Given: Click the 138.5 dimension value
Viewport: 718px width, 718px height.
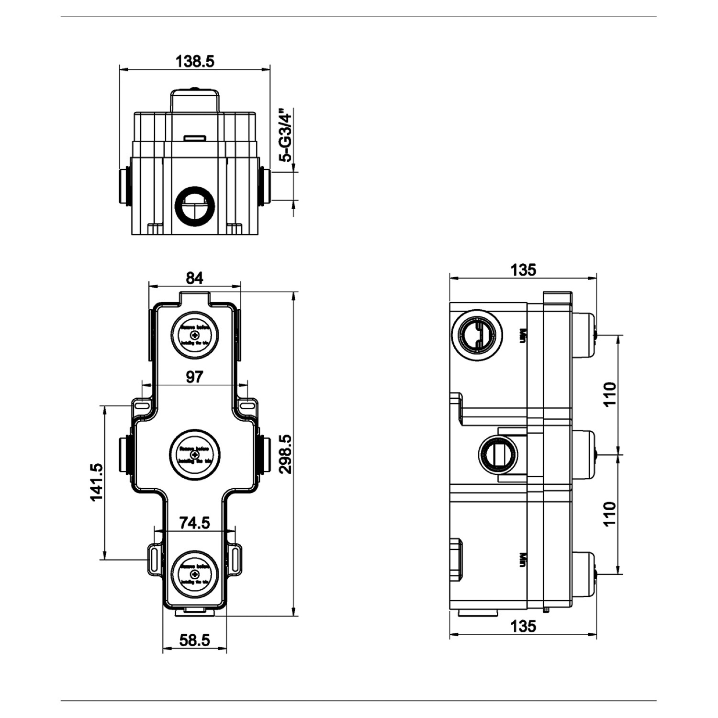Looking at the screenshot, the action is click(195, 61).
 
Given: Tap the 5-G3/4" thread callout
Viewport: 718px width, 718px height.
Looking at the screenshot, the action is click(286, 135).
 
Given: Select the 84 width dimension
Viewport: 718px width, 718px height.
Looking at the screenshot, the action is click(195, 278).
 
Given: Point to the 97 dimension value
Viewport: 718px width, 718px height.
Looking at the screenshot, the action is click(194, 377).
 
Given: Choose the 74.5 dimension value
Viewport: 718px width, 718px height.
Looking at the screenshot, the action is click(194, 523).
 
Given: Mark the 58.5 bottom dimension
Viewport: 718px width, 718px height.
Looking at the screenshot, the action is click(194, 640).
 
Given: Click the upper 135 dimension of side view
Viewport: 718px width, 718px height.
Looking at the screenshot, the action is click(523, 270).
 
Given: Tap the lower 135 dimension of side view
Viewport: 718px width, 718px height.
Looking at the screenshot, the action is click(523, 626).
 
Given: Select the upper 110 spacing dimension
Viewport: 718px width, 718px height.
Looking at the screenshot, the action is click(609, 394).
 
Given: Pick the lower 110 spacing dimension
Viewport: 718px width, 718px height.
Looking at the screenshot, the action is click(609, 514).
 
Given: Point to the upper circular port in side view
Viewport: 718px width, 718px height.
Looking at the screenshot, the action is click(477, 333).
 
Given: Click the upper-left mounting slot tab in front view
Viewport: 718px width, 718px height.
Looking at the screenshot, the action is click(141, 405).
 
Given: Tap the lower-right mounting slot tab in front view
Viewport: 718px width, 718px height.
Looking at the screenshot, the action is click(237, 556).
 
